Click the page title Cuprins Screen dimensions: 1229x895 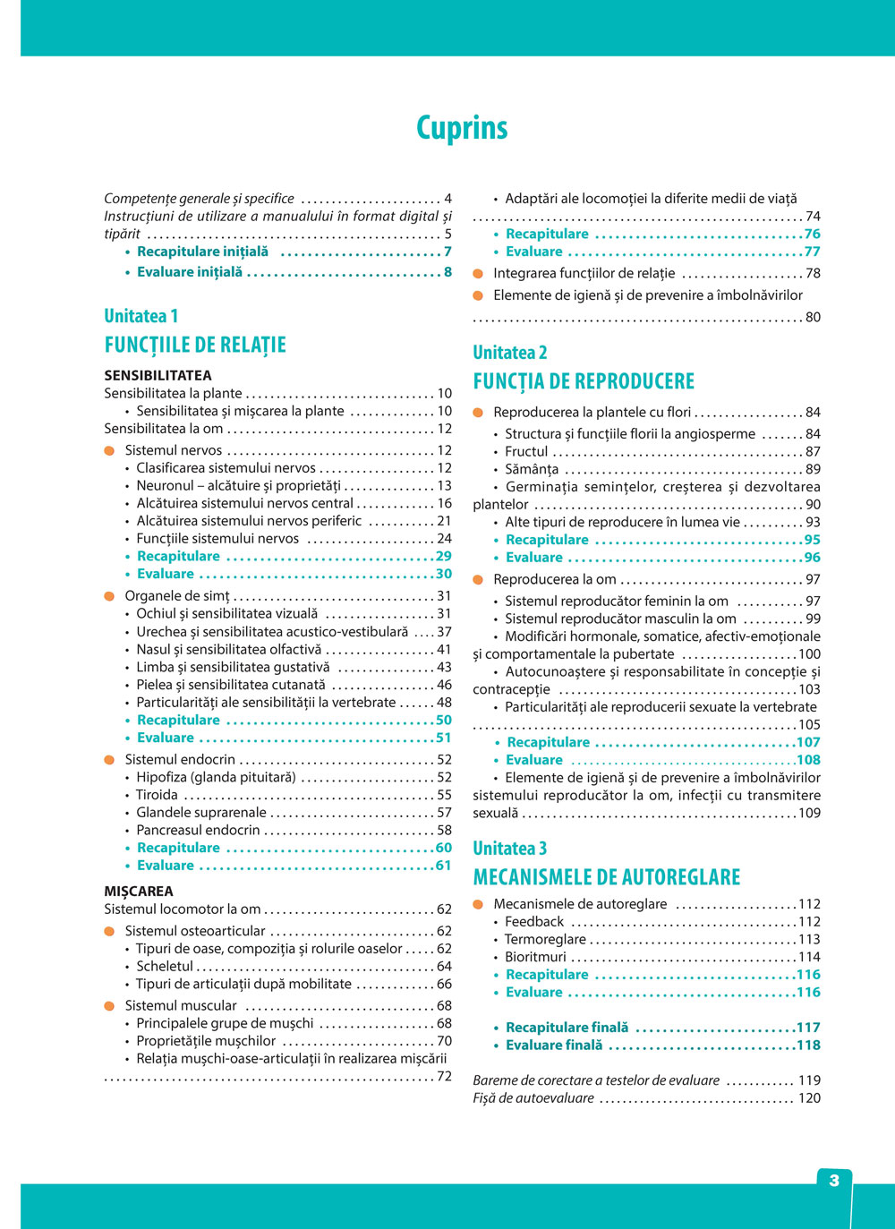[462, 128]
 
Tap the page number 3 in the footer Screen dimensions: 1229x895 [833, 1181]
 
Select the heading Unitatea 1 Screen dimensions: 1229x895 [141, 316]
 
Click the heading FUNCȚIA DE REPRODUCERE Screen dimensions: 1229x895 [584, 381]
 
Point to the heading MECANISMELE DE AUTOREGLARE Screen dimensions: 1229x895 [607, 877]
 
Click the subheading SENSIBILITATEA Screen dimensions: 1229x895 [158, 375]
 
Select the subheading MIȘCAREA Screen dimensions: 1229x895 [139, 891]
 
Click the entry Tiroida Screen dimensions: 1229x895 [157, 795]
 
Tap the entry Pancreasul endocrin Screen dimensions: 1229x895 [198, 830]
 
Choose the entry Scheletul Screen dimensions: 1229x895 [165, 966]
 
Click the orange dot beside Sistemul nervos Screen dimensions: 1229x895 [109, 450]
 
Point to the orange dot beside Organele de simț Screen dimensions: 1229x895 [109, 596]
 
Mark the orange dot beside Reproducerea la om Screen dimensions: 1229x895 [478, 579]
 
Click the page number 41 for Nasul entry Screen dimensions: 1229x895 [444, 650]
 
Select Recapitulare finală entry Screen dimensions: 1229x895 [567, 1028]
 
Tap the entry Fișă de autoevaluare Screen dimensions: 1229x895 [533, 1098]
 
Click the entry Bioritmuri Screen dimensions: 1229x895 [535, 957]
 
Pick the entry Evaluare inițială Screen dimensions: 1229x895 [189, 272]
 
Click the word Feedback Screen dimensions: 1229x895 [534, 922]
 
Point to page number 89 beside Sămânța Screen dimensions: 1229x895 [813, 469]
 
